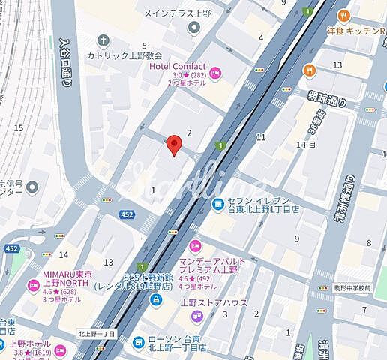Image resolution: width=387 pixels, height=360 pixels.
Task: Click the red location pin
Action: [174, 145]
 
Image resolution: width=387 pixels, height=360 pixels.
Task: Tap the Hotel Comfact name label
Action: [177, 66]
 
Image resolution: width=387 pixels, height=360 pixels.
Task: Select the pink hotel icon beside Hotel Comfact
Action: [214, 73]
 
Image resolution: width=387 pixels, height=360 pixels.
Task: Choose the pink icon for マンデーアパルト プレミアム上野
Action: [196, 245]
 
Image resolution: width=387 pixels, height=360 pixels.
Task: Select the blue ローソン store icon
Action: [138, 342]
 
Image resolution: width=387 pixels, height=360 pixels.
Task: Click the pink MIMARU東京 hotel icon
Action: [32, 286]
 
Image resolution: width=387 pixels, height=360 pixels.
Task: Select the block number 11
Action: [261, 137]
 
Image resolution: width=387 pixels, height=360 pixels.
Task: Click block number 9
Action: [297, 238]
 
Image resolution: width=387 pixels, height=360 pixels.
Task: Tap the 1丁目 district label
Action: [307, 144]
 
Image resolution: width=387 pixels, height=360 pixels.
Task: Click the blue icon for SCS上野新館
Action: [156, 301]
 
